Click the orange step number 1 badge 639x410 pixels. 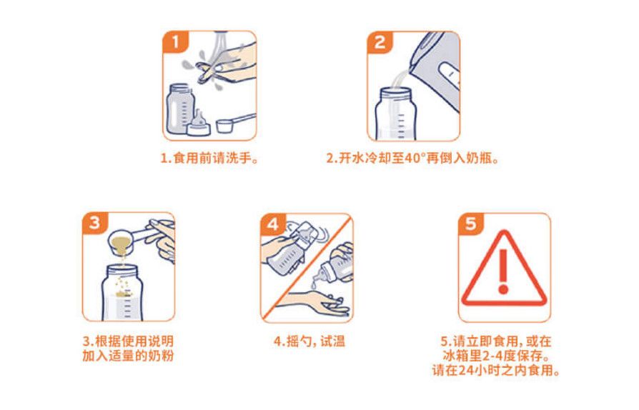pos(175,42)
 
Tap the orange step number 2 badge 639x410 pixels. pos(380,42)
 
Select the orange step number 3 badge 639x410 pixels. pos(95,223)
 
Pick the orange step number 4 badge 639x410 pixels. pos(272,224)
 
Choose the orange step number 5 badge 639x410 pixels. pos(471,224)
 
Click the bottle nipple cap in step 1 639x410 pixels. pos(199,124)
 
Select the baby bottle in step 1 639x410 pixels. pos(179,109)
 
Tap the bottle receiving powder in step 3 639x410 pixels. pos(122,292)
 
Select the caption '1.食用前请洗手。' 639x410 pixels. pos(210,158)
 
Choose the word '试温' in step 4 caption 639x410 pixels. pos(332,341)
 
